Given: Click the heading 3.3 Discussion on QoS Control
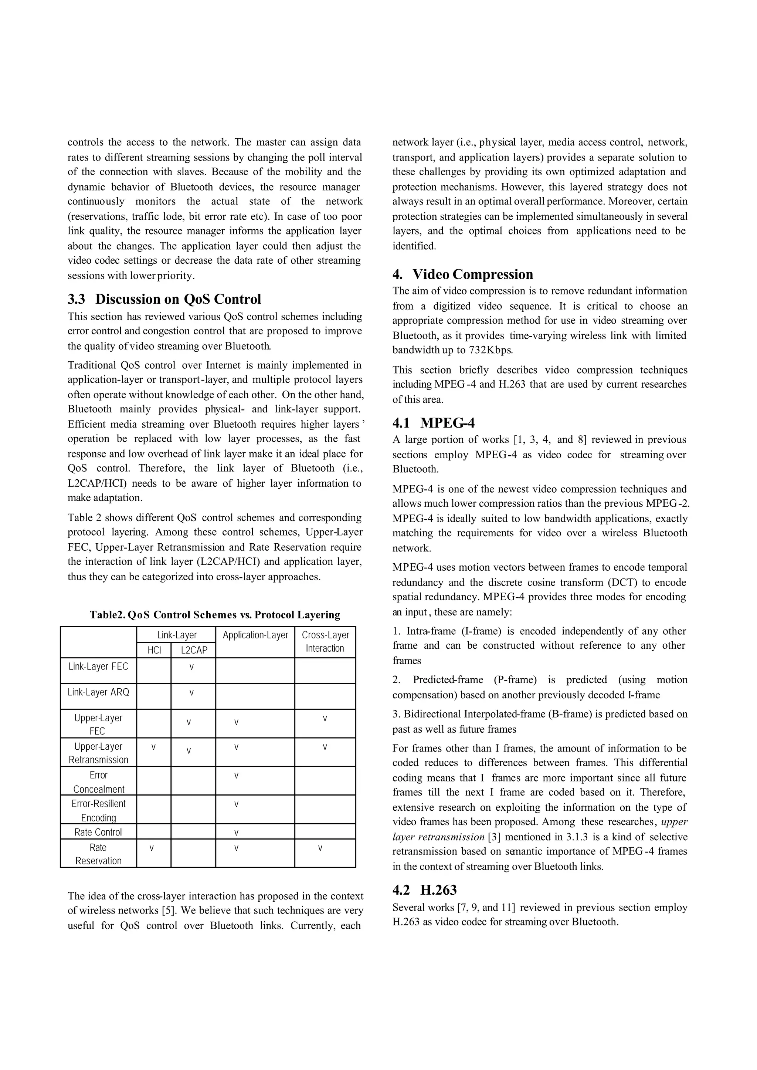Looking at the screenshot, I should (164, 299).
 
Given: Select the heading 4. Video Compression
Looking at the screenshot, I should (462, 274).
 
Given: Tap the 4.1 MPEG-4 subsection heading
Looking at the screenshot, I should (434, 423).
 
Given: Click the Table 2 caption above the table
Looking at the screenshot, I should (215, 615).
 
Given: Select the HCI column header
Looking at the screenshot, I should (154, 650).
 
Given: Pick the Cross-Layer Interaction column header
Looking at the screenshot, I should (325, 641).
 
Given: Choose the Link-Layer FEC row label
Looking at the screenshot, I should (98, 666).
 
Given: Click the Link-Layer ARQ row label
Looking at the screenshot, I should (98, 692).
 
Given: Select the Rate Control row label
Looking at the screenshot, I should (98, 832).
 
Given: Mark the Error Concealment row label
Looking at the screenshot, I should (98, 782).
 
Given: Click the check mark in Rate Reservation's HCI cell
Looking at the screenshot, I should (152, 848).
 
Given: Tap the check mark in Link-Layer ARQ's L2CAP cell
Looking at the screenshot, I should (191, 693).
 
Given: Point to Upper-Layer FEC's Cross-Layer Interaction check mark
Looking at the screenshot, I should (325, 719).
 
